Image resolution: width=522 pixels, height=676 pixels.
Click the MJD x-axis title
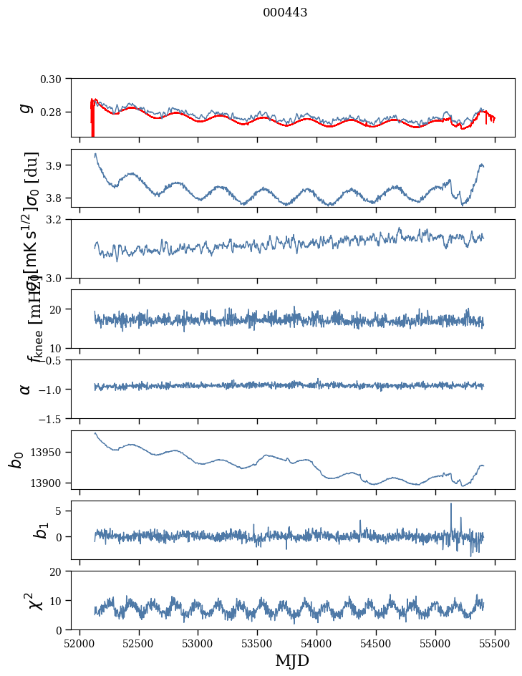pos(292,660)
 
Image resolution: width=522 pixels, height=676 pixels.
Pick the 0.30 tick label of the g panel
pos(52,78)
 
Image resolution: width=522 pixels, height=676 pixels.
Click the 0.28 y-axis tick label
pos(52,112)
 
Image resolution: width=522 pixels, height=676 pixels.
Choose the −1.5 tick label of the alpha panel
pos(50,418)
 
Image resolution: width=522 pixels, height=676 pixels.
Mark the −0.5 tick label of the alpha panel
pos(50,360)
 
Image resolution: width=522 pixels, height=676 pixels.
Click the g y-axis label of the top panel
pos(26,107)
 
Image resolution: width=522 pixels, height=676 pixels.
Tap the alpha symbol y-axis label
pos(26,389)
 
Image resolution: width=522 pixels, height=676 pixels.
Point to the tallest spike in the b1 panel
pos(451,504)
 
